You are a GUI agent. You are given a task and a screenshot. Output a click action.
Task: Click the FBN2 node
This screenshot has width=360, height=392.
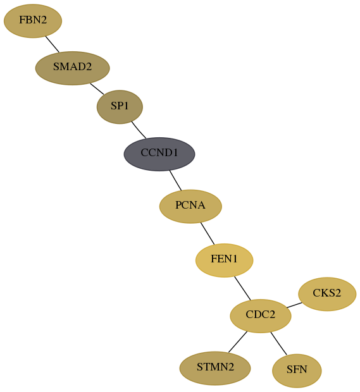coord(33,21)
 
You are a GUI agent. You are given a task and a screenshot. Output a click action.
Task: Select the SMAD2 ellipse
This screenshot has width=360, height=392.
coord(73,68)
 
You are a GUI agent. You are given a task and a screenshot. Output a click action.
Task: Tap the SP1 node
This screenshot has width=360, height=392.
coord(120,107)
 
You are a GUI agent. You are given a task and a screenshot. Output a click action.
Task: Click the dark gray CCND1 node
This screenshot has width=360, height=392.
coord(159,154)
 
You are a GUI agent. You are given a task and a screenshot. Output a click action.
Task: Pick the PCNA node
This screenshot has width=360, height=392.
coord(190,206)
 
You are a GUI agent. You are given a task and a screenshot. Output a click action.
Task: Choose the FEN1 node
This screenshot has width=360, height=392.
coord(225,260)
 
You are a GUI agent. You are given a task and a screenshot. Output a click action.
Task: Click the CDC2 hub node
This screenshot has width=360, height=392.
coord(261,316)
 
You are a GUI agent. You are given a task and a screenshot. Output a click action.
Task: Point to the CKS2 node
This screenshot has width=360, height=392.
coord(327,294)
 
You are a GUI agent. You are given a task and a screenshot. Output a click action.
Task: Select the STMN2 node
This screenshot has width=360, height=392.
coord(215,368)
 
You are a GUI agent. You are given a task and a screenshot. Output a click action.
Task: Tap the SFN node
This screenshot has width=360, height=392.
coord(297,371)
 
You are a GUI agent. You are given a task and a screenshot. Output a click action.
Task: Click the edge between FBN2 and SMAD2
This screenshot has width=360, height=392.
coord(53,44)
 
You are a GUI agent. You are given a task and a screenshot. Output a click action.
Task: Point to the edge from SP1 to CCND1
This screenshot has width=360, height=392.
coord(139,130)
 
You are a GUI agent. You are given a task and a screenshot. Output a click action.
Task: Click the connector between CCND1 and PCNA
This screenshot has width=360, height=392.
coord(175,180)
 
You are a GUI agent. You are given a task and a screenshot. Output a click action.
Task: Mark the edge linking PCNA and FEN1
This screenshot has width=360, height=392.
coord(208,233)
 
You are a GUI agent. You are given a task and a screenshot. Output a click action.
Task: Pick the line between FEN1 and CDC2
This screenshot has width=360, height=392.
coord(242,288)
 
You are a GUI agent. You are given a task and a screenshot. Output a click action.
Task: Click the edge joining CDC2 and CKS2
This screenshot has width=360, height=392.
coord(294,305)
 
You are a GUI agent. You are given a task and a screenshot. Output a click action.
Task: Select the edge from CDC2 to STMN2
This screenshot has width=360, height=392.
coord(238,342)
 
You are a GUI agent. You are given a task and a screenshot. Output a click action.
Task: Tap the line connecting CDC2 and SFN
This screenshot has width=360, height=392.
coord(278,343)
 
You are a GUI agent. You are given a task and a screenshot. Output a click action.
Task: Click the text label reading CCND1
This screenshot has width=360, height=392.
coord(159,152)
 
